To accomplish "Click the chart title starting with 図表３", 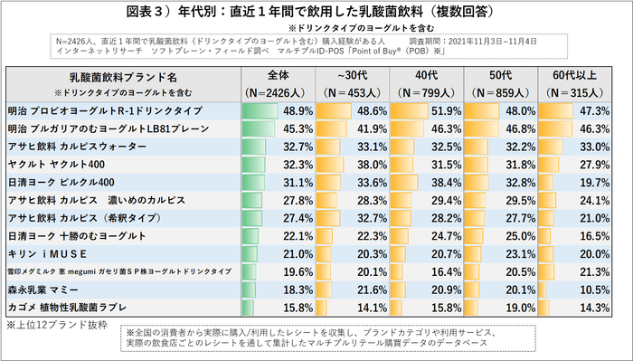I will [x=316, y=12].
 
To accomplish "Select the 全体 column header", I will [x=278, y=75].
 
